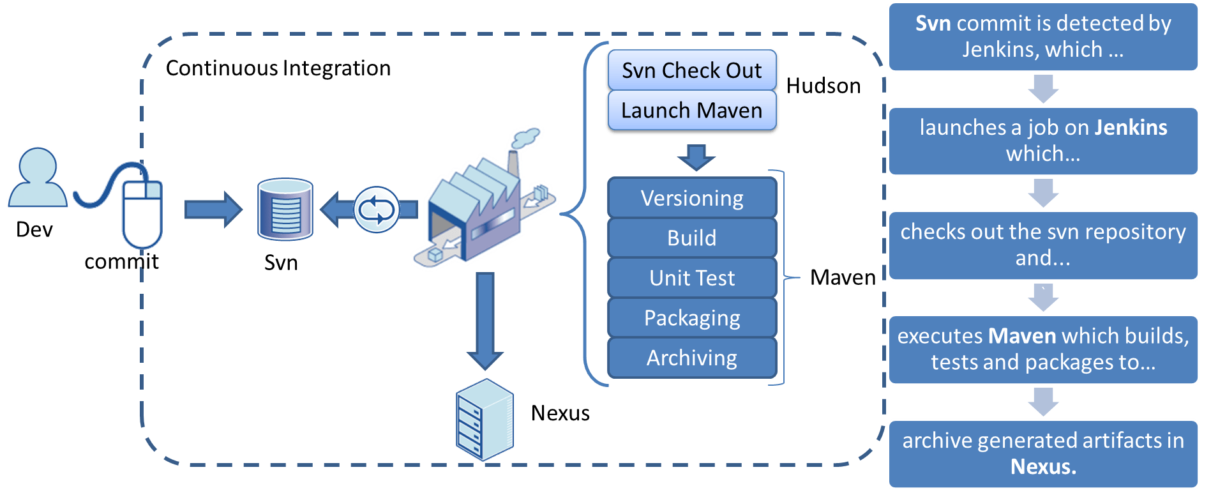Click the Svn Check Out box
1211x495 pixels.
pyautogui.click(x=692, y=70)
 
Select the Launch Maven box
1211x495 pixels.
pyautogui.click(x=692, y=110)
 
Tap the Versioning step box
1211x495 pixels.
pyautogui.click(x=692, y=199)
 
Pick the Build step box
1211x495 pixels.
pyautogui.click(x=692, y=238)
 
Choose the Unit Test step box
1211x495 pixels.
pyautogui.click(x=692, y=278)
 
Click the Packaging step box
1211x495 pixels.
pyautogui.click(x=692, y=318)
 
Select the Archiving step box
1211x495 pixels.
pyautogui.click(x=692, y=358)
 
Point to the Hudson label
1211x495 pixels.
pyautogui.click(x=824, y=86)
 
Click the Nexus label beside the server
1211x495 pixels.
pyautogui.click(x=560, y=413)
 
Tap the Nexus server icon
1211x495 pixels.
pyautogui.click(x=485, y=420)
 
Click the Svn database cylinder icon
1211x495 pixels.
pyautogui.click(x=285, y=209)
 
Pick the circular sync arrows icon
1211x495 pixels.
pyautogui.click(x=377, y=209)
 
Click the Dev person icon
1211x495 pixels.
pyautogui.click(x=37, y=178)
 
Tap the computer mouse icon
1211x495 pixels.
pyautogui.click(x=142, y=214)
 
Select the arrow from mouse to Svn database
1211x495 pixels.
pyautogui.click(x=213, y=209)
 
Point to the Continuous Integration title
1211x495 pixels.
pyautogui.click(x=278, y=68)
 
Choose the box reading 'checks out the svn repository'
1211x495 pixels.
pyautogui.click(x=1043, y=245)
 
